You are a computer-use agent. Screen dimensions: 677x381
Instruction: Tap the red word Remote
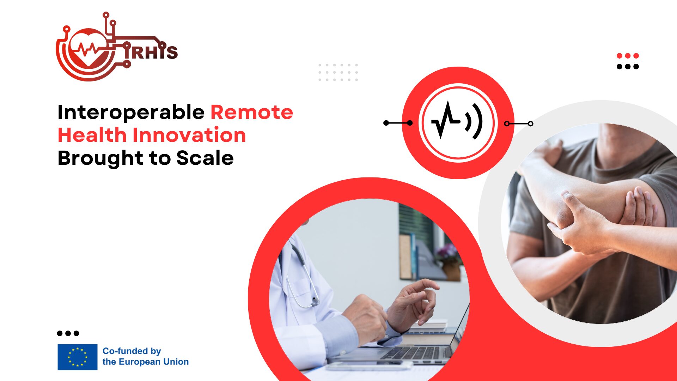click(252, 112)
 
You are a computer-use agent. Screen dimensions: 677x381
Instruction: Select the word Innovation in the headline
click(189, 135)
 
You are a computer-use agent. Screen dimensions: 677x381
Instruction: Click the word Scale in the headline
click(205, 158)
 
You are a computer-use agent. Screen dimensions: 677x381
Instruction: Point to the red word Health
click(92, 135)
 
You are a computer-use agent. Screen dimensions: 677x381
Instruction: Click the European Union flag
click(78, 357)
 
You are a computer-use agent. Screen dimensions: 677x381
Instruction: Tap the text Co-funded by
click(132, 351)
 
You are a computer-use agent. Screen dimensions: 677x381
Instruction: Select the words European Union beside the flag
click(153, 362)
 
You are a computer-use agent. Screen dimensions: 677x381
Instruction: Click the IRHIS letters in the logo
click(151, 52)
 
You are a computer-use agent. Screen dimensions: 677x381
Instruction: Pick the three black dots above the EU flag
click(68, 333)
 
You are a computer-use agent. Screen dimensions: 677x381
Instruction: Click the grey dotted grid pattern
click(338, 72)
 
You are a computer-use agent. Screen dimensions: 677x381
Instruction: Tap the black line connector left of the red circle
click(398, 123)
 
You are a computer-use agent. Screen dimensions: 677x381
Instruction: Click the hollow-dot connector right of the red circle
click(518, 123)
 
